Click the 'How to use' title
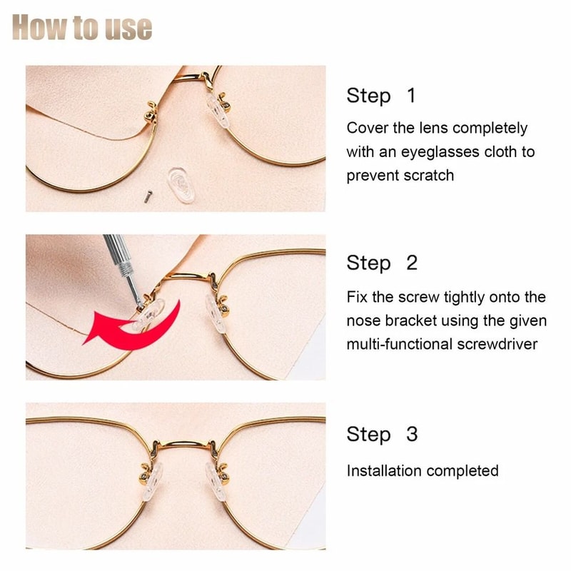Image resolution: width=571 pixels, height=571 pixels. point(82,27)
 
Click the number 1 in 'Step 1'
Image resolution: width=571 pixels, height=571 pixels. point(410,95)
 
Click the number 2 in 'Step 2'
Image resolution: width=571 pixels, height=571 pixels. point(411,263)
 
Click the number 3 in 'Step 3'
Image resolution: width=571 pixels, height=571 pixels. point(411,434)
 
